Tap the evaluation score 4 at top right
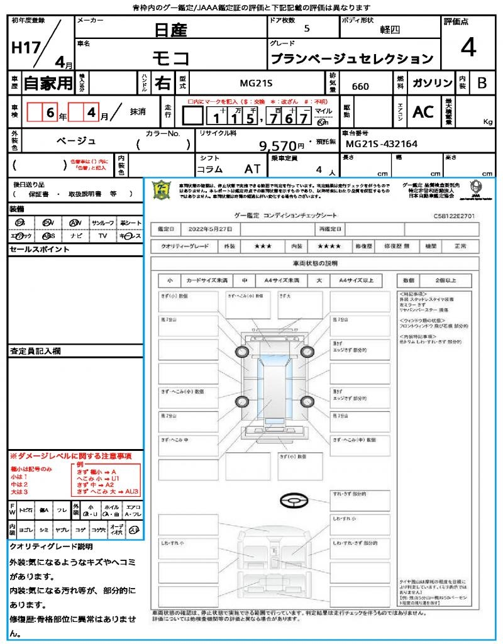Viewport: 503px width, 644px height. click(x=468, y=48)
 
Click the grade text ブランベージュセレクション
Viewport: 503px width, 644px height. click(x=351, y=59)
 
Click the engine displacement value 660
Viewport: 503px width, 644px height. click(x=360, y=86)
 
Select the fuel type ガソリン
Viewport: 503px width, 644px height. click(x=429, y=83)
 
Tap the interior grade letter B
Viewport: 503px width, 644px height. click(x=482, y=83)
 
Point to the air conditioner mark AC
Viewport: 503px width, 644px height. click(x=423, y=112)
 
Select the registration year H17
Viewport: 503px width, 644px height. click(x=25, y=49)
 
